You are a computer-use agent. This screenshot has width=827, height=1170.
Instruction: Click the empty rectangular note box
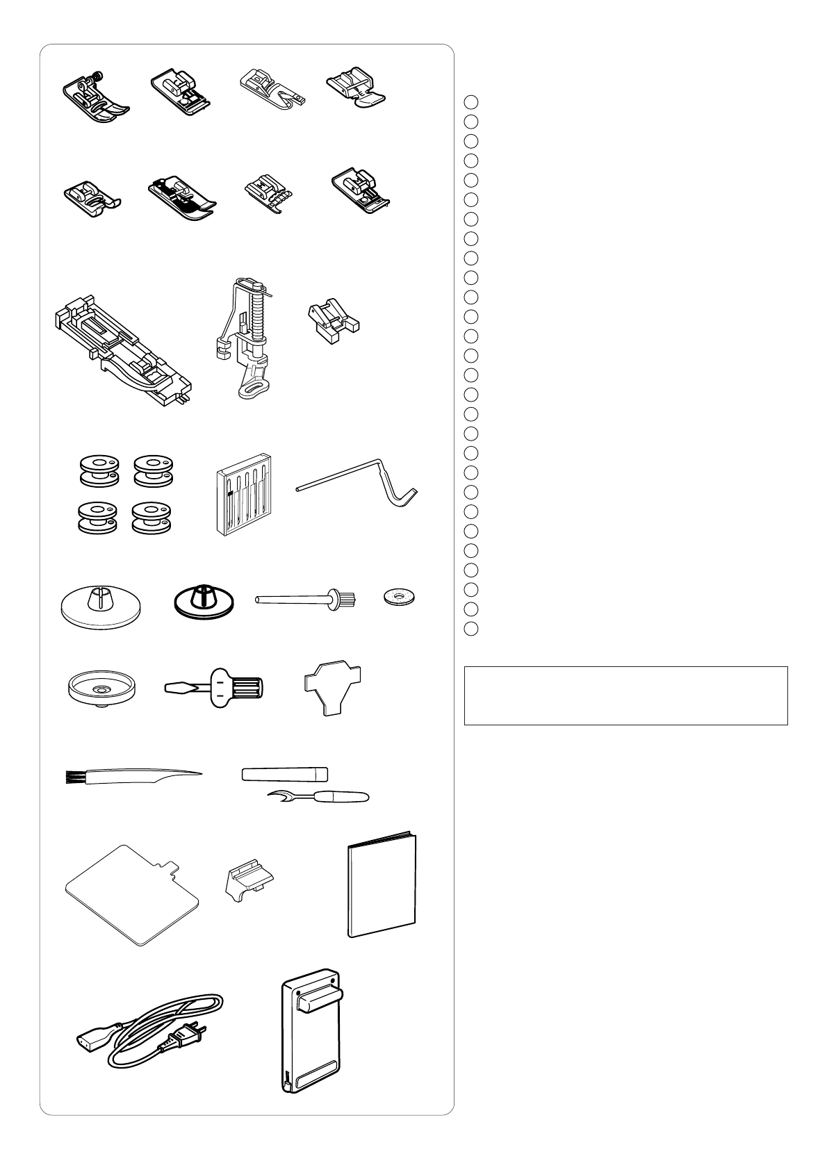[625, 696]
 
